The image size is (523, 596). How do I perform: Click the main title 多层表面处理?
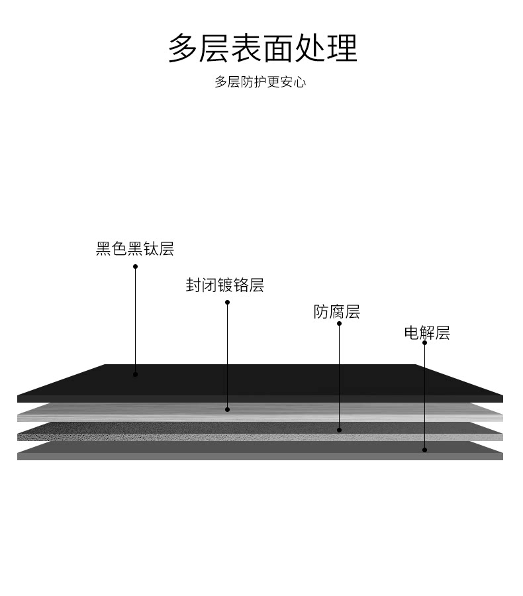262,48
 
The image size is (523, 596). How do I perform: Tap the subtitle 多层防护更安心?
260,82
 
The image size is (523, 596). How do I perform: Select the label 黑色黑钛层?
135,249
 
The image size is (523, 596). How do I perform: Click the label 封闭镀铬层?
225,285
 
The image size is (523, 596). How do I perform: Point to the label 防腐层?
336,312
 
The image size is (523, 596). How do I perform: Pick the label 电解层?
427,332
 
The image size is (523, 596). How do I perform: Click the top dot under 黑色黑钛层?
135,267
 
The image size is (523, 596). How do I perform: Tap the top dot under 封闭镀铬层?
227,303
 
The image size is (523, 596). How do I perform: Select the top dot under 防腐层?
339,324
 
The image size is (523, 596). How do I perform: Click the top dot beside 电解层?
424,342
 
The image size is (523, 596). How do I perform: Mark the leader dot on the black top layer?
135,374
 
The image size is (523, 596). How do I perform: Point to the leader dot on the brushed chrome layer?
227,409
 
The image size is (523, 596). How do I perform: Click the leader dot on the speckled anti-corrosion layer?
339,430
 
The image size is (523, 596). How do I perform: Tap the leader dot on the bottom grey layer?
424,450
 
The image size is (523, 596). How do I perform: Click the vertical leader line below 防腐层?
339,377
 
